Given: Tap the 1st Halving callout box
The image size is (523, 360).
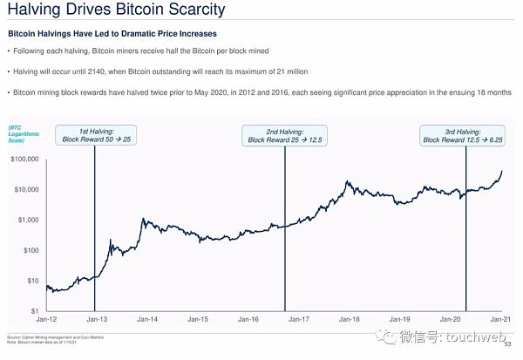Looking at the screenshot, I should point(95,135).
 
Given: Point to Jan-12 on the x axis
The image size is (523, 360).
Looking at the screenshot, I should point(47,321).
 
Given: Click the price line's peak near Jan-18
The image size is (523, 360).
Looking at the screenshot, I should point(347,181).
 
